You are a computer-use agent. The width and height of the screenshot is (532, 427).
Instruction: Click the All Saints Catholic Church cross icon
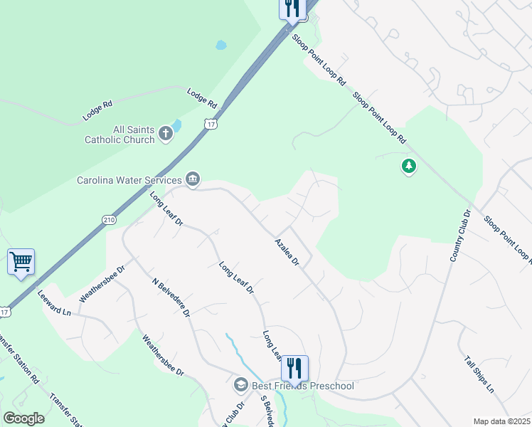click(166, 133)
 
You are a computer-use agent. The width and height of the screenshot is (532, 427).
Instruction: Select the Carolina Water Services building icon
click(192, 179)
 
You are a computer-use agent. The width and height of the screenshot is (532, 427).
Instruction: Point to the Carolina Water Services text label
click(129, 180)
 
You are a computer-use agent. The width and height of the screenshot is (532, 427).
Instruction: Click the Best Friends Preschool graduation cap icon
click(240, 385)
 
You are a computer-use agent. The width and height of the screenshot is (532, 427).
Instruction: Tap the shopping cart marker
click(21, 262)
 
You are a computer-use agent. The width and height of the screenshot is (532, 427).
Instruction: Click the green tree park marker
click(409, 167)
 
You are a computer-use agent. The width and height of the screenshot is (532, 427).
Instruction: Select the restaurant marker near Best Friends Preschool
click(294, 369)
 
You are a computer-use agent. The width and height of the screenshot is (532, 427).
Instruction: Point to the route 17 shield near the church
click(211, 125)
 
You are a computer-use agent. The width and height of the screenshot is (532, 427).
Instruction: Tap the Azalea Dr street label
click(288, 253)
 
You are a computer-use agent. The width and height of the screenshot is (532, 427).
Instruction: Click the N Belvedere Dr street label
click(171, 297)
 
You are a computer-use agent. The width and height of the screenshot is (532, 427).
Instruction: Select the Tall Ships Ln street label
click(479, 374)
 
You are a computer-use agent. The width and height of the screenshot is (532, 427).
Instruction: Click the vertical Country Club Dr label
click(459, 235)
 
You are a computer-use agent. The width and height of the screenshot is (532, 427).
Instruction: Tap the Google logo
click(23, 418)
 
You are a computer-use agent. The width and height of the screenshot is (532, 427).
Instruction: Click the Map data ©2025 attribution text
click(501, 421)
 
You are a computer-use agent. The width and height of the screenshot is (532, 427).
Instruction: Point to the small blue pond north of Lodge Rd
click(221, 45)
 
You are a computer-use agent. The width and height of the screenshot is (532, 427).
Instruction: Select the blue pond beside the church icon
click(176, 125)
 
